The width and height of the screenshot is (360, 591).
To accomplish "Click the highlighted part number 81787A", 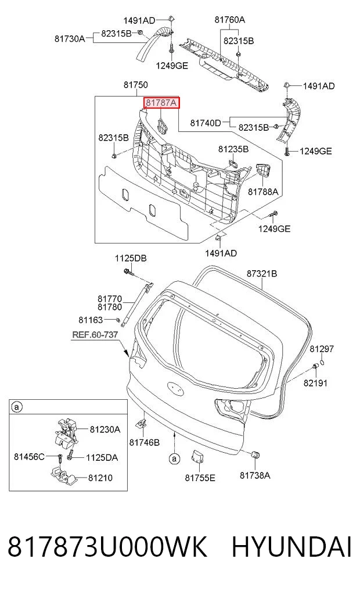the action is [161, 102].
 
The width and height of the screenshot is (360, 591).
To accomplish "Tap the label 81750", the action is [135, 85].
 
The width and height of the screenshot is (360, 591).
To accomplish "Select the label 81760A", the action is [230, 20].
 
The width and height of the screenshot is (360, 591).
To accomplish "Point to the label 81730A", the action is [70, 38].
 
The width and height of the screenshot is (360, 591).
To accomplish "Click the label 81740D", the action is [206, 123].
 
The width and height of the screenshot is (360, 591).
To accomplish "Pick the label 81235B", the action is [233, 149].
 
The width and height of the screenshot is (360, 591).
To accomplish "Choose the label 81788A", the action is [263, 192].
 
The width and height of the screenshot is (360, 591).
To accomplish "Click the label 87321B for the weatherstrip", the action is [262, 273].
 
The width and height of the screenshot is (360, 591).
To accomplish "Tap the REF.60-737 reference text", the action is [95, 334].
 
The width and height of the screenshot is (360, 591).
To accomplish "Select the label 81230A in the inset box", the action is [105, 429].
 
